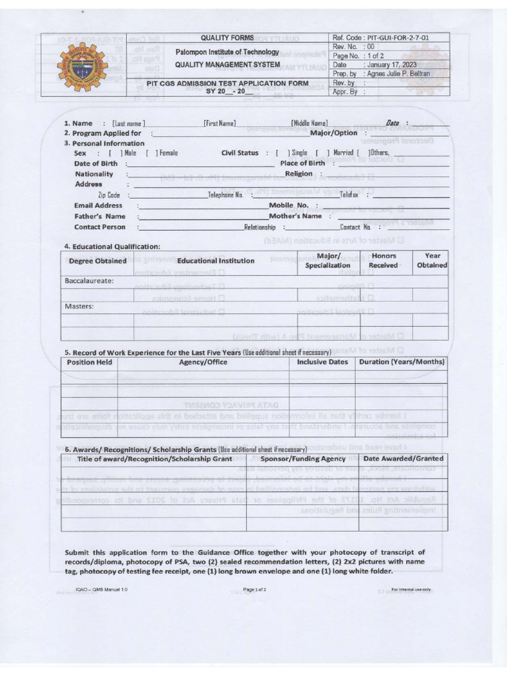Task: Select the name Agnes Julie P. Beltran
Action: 399,74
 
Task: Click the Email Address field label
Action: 98,205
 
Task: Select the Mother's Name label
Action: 295,216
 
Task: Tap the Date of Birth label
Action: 96,163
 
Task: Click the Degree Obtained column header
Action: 98,261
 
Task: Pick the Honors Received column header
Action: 383,260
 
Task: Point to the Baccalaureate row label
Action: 89,281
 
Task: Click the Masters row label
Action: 79,306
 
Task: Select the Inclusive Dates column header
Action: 322,362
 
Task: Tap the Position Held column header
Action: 90,362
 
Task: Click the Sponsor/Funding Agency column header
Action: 303,458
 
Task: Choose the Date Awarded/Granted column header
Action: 403,458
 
